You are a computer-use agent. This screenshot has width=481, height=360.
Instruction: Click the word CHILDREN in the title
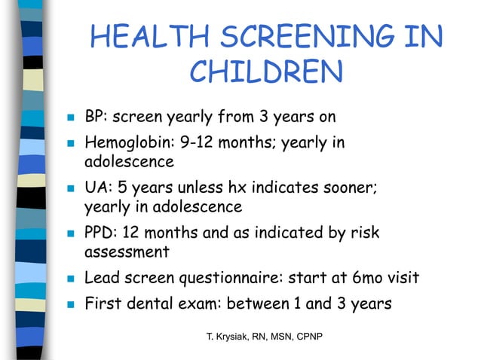pos(266,72)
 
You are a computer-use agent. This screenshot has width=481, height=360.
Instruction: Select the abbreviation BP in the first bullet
pos(93,117)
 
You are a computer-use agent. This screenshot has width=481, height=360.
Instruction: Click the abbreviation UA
pos(95,187)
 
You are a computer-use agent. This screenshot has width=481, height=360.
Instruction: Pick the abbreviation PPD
pos(100,232)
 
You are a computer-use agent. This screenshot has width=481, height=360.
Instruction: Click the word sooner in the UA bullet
pos(347,187)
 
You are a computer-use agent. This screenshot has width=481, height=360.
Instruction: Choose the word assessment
pos(127,252)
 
